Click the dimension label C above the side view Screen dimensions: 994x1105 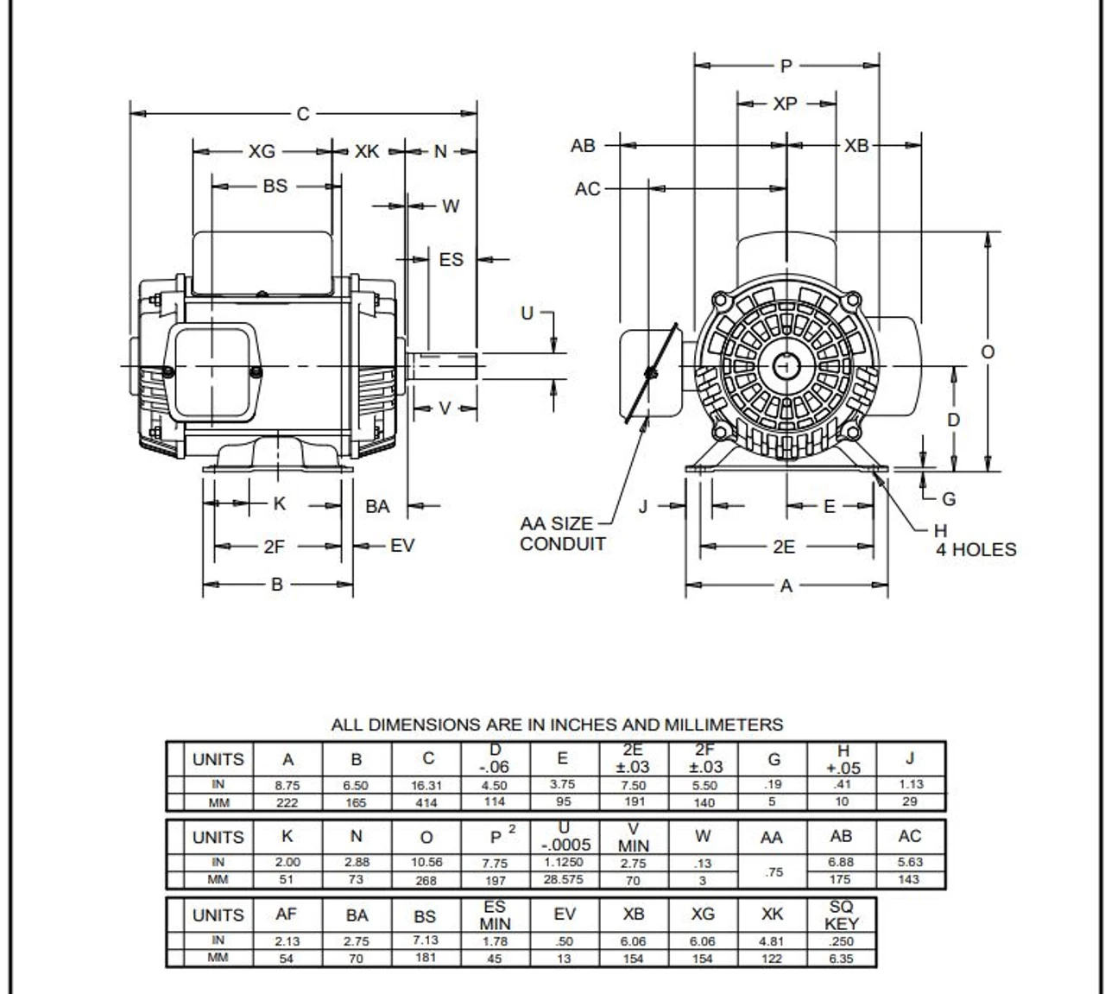click(x=302, y=114)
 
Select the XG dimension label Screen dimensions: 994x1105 click(x=262, y=151)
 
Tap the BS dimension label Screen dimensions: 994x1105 click(x=275, y=186)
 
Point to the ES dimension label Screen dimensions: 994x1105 click(x=451, y=259)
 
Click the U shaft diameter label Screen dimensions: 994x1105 click(x=527, y=313)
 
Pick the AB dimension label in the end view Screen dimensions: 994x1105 click(x=583, y=146)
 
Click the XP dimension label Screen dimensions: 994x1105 click(x=785, y=104)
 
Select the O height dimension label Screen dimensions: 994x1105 click(x=988, y=351)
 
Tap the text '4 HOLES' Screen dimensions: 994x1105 click(x=976, y=550)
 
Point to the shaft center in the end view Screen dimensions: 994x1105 click(x=786, y=366)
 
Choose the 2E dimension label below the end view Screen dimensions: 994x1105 click(x=784, y=547)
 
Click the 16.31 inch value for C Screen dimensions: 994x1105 click(x=426, y=786)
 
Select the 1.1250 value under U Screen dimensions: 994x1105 click(x=563, y=863)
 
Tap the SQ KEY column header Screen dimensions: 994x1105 click(x=841, y=915)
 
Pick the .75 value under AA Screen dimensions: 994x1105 click(x=773, y=872)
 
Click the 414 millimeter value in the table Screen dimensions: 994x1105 click(x=426, y=802)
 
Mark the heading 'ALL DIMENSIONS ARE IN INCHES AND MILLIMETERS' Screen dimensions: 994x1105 click(x=557, y=725)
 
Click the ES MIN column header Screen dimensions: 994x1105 click(x=495, y=915)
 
